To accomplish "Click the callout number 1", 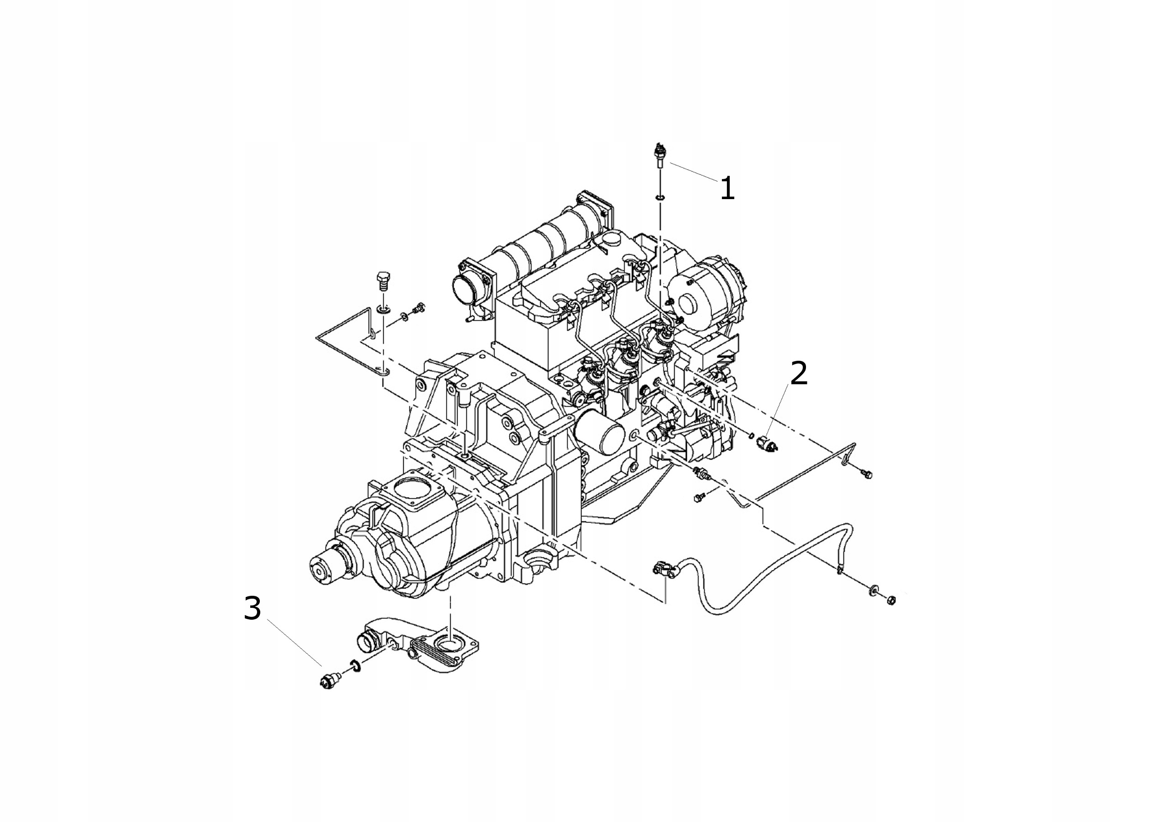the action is [x=727, y=188].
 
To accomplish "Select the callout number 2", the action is [x=798, y=373].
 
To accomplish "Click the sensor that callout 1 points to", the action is [x=659, y=156].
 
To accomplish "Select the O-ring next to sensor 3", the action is [x=355, y=666].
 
